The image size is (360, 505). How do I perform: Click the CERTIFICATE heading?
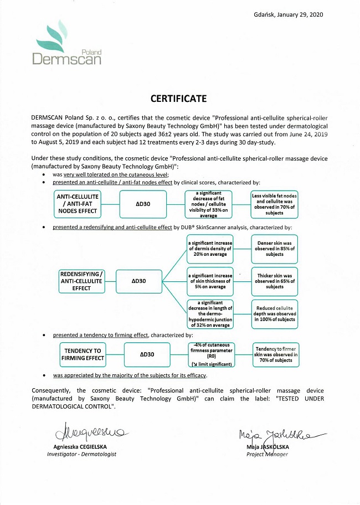click(x=178, y=99)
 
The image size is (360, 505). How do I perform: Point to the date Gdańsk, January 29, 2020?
click(x=288, y=14)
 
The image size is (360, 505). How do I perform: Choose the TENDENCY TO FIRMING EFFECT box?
click(x=83, y=354)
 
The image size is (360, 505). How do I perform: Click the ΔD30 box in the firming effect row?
click(x=147, y=354)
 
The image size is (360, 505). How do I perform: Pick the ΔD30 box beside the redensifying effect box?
click(x=138, y=281)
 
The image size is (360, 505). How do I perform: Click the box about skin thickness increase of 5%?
click(x=210, y=281)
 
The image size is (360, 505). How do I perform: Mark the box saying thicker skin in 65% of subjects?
click(x=275, y=281)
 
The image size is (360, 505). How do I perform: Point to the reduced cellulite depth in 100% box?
click(x=275, y=313)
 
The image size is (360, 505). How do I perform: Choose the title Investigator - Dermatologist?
click(x=81, y=455)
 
